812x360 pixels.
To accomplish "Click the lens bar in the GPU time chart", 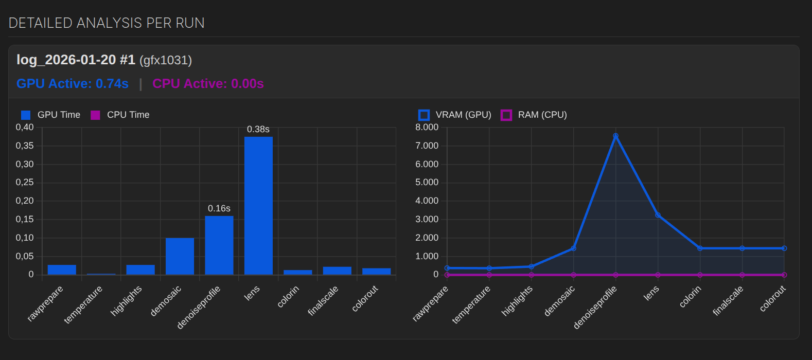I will tap(258, 206).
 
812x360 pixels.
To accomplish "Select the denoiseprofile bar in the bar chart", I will tap(219, 245).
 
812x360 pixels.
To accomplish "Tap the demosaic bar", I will tap(180, 256).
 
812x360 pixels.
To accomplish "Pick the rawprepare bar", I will tap(62, 269).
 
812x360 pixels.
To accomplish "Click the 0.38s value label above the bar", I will tap(258, 129).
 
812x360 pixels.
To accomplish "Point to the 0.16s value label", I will tap(219, 208).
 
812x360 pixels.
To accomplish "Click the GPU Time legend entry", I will tap(51, 115).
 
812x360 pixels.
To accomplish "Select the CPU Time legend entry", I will tap(120, 115).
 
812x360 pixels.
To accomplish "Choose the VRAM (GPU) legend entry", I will tap(455, 115).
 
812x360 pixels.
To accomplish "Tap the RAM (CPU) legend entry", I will tap(534, 115).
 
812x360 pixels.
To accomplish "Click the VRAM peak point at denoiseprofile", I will tap(615, 136).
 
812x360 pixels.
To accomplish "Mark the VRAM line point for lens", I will tap(658, 215).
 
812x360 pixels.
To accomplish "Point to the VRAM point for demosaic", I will tap(573, 248).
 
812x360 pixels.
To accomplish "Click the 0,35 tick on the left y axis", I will tap(25, 146).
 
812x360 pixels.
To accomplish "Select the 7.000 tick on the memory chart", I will tap(427, 146).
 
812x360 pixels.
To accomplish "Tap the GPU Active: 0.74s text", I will tap(73, 84).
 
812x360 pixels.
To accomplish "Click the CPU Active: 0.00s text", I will tap(208, 84).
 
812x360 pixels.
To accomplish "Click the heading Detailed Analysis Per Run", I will tap(107, 23).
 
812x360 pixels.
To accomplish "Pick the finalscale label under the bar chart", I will tap(324, 301).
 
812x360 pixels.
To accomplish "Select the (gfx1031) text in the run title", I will tap(166, 60).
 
